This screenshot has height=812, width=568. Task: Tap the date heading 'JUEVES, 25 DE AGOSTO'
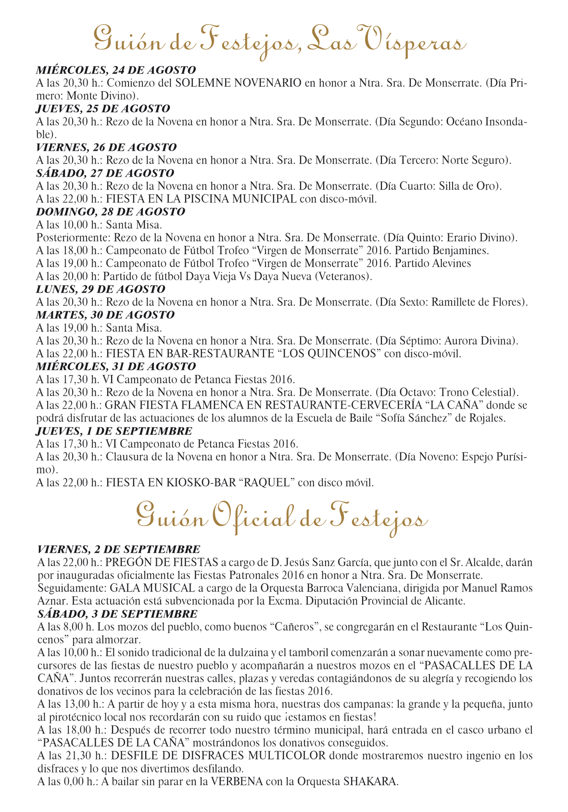click(103, 108)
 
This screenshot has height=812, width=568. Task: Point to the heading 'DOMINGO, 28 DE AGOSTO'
click(111, 211)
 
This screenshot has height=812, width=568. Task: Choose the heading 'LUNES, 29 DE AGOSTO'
click(101, 289)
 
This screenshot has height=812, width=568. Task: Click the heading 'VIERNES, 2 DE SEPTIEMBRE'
click(119, 549)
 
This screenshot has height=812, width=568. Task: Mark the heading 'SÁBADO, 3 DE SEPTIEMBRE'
click(117, 614)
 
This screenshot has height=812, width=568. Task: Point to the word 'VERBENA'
click(237, 781)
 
